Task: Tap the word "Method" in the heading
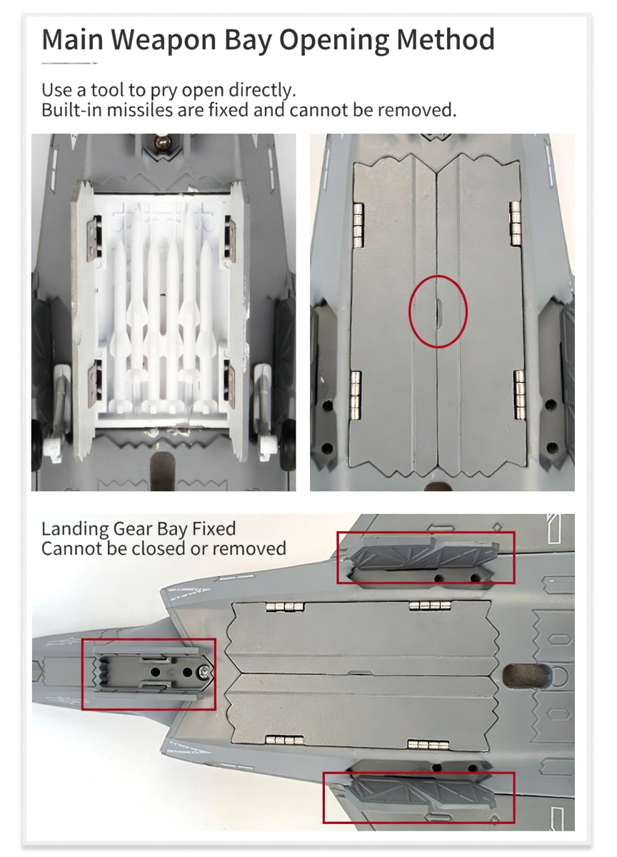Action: coord(446,39)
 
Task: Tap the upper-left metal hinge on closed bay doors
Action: coord(358,224)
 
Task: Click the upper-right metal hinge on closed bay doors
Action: coord(516,224)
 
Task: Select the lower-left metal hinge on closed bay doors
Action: coord(356,394)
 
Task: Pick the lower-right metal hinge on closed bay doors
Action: coord(519,393)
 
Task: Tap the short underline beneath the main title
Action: coord(69,63)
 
